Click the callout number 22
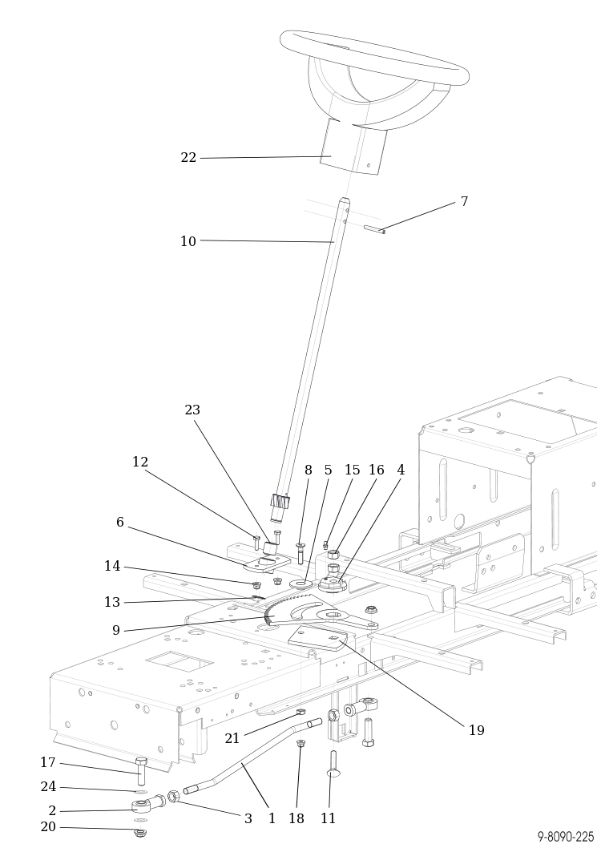[x=188, y=158]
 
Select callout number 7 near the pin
[x=464, y=202]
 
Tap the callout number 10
[x=188, y=241]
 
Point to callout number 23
[x=192, y=410]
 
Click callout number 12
[x=140, y=462]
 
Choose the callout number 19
[x=477, y=731]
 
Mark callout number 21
[x=232, y=739]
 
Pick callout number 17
[x=48, y=763]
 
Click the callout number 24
[x=48, y=787]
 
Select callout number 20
[x=48, y=827]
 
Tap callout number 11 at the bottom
[x=329, y=819]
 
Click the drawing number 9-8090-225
[x=566, y=837]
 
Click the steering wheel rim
[x=374, y=56]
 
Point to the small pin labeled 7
[x=374, y=230]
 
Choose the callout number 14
[x=112, y=567]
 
